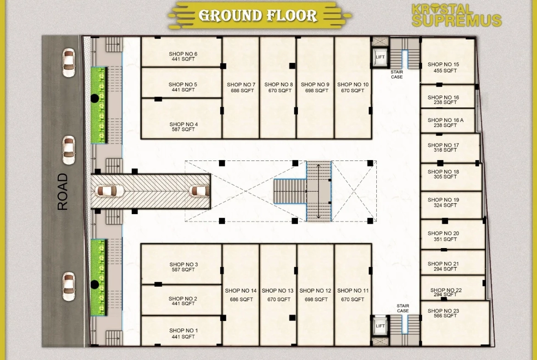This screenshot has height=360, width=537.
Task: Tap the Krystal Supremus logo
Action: tap(457, 16)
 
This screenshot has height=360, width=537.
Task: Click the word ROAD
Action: tap(63, 192)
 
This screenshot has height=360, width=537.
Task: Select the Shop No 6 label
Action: tap(183, 54)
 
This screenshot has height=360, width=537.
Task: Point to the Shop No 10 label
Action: tap(353, 84)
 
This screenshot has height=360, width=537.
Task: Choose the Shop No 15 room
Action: tap(447, 61)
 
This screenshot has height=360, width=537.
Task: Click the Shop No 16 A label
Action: tap(445, 120)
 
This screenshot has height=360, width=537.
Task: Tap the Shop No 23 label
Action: tap(443, 311)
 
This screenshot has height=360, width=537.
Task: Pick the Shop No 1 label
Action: tap(183, 331)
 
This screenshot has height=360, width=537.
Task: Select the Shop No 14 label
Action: tap(241, 291)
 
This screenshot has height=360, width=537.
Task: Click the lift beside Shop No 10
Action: tap(380, 57)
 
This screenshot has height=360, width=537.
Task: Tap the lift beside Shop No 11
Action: tap(380, 326)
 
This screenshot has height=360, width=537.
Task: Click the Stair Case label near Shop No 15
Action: tap(397, 74)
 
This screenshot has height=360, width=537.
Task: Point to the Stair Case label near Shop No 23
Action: tap(403, 308)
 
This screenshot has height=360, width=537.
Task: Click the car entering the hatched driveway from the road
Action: tap(110, 191)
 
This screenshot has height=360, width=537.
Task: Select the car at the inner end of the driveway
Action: tap(200, 191)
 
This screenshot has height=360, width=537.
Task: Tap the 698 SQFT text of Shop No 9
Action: tap(316, 90)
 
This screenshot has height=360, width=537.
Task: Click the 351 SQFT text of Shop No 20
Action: tap(445, 239)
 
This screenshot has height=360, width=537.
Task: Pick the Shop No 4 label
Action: tap(183, 124)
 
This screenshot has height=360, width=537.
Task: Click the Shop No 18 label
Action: tap(443, 172)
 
